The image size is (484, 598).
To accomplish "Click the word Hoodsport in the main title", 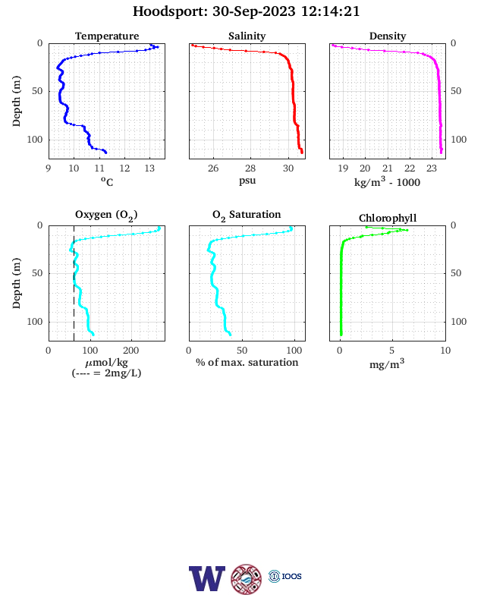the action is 170,11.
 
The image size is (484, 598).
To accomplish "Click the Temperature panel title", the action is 107,36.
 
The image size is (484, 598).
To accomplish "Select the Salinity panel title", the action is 247,36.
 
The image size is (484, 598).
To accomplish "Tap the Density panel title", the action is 388,36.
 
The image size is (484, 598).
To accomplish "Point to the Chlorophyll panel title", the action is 388,218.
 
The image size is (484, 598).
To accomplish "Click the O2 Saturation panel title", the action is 247,215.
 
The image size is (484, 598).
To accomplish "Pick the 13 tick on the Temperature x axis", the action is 149,168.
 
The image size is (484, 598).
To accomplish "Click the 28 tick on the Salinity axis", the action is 250,168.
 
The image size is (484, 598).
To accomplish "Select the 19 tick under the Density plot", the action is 343,168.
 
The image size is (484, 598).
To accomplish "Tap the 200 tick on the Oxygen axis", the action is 131,351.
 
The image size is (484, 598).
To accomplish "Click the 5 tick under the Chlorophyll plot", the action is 391,351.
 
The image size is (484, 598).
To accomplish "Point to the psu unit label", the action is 247,181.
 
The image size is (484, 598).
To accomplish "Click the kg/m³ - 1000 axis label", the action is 387,181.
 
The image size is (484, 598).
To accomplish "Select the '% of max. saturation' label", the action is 247,362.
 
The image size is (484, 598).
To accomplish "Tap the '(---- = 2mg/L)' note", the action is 106,373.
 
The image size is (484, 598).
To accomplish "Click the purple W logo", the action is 207,578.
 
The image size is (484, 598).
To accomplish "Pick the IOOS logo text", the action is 291,576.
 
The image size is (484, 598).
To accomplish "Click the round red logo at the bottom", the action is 247,579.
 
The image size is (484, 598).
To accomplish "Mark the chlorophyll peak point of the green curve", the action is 407,230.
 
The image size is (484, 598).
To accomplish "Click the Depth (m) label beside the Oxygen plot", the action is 16,283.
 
